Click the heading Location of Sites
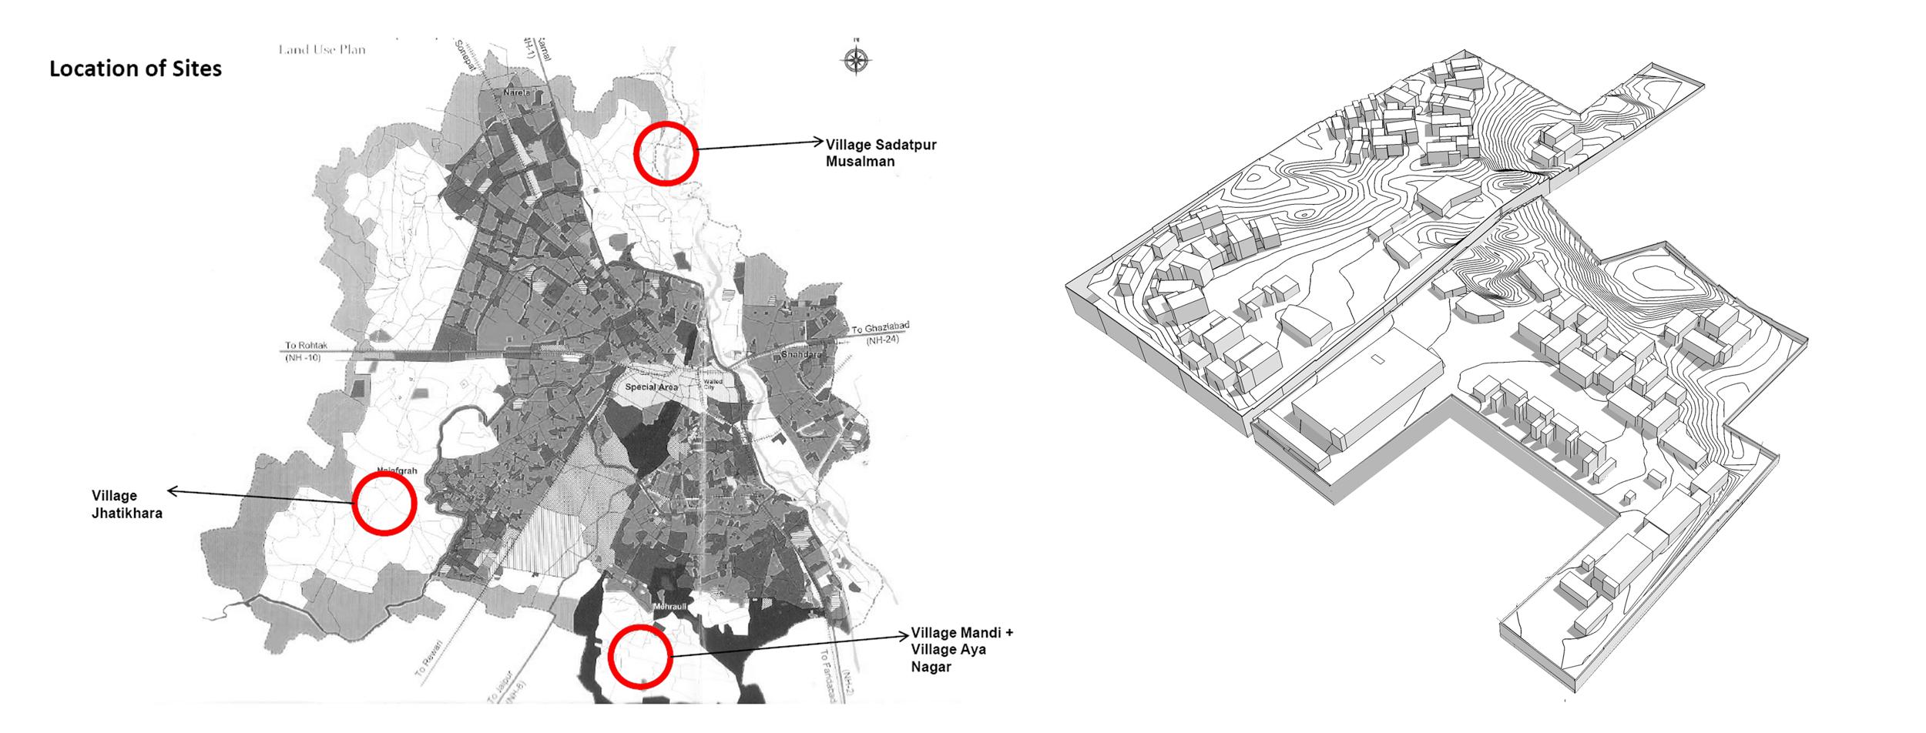(x=136, y=69)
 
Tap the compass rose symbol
(x=855, y=59)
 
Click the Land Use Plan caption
(x=322, y=50)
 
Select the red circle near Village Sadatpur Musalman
(x=666, y=152)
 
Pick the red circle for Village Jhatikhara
(x=384, y=503)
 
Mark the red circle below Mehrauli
(x=640, y=656)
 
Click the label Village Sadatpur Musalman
(x=881, y=152)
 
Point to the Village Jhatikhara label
(x=127, y=504)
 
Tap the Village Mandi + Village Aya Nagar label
(x=961, y=649)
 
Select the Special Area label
(x=652, y=387)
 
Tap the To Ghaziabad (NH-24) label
(x=879, y=333)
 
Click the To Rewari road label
(x=429, y=659)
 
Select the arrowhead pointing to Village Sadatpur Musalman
(x=819, y=141)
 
